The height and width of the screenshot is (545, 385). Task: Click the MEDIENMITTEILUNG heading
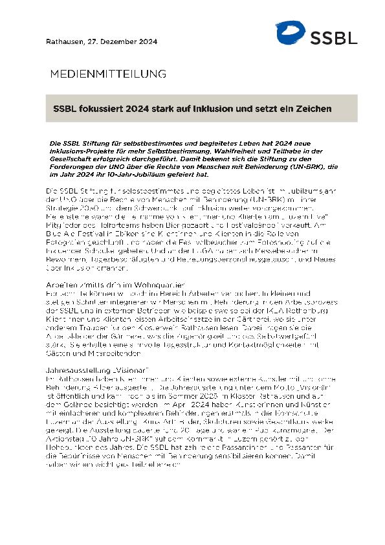click(x=108, y=73)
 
